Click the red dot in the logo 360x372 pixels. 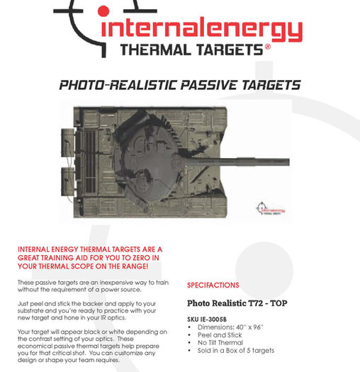tap(103, 11)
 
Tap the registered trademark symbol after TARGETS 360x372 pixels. tap(268, 46)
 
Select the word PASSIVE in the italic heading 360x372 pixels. tap(209, 85)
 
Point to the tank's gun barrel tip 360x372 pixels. tap(289, 162)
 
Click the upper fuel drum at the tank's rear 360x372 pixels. tap(68, 143)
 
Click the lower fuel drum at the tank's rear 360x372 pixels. tap(68, 181)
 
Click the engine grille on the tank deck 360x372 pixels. tap(90, 162)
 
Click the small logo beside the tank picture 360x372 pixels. tap(271, 208)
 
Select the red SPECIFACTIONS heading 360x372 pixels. tap(213, 285)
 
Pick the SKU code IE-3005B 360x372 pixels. tap(213, 320)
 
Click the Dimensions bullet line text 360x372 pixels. tap(230, 327)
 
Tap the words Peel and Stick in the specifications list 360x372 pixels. tap(220, 335)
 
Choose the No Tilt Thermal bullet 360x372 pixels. tap(220, 342)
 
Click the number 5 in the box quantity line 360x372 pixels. tap(248, 351)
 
